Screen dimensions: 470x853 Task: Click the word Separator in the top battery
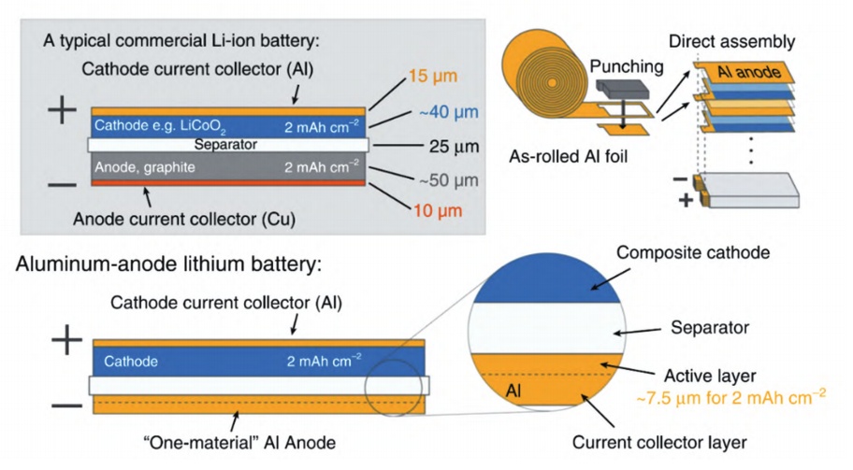coord(226,145)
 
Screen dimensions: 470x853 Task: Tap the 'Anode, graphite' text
coord(143,166)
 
